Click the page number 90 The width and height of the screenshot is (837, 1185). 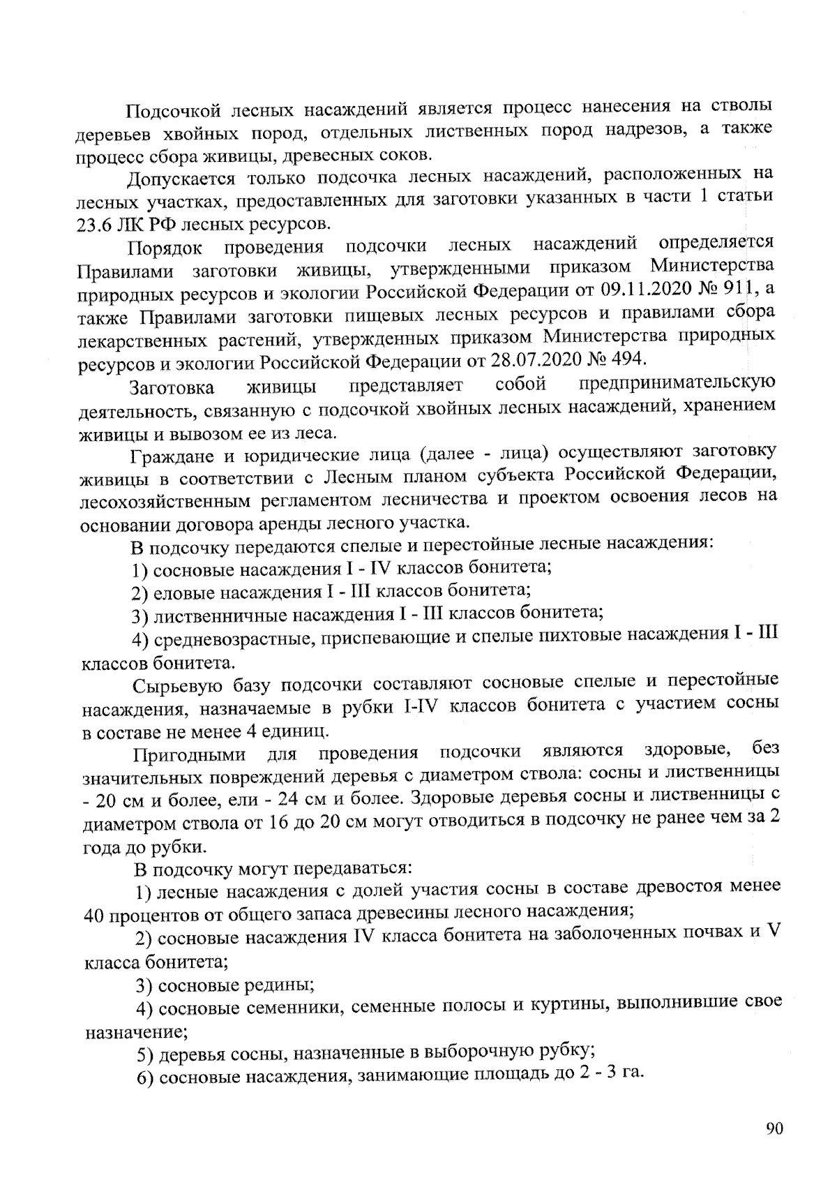point(774,1131)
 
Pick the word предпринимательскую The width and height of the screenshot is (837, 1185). point(677,384)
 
